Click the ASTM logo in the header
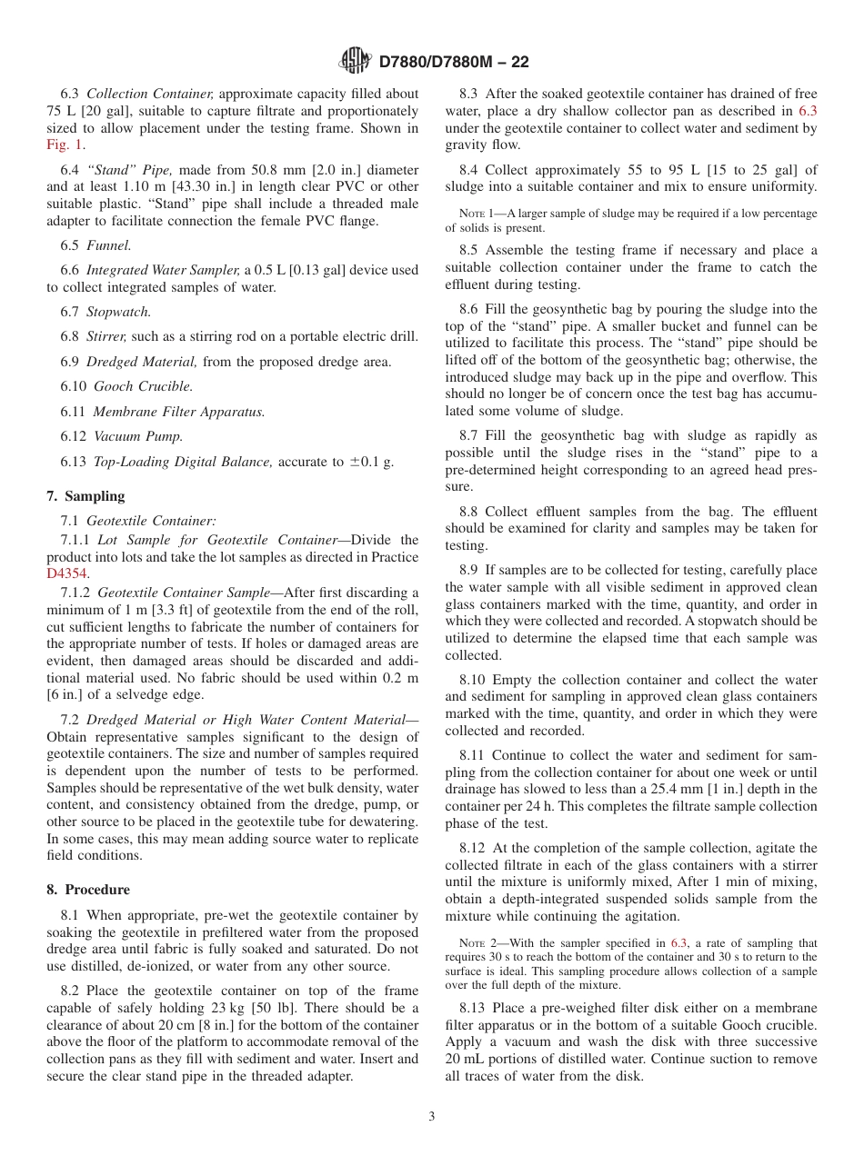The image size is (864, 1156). tap(355, 61)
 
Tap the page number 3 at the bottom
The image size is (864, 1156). tap(432, 1117)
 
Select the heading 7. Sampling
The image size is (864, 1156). tap(85, 495)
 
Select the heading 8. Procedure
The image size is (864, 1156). tap(88, 889)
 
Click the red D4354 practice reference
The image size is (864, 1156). tap(65, 574)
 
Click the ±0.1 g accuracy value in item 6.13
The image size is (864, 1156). tap(371, 462)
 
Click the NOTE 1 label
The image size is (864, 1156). tap(477, 214)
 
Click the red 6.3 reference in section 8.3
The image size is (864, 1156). tap(807, 111)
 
